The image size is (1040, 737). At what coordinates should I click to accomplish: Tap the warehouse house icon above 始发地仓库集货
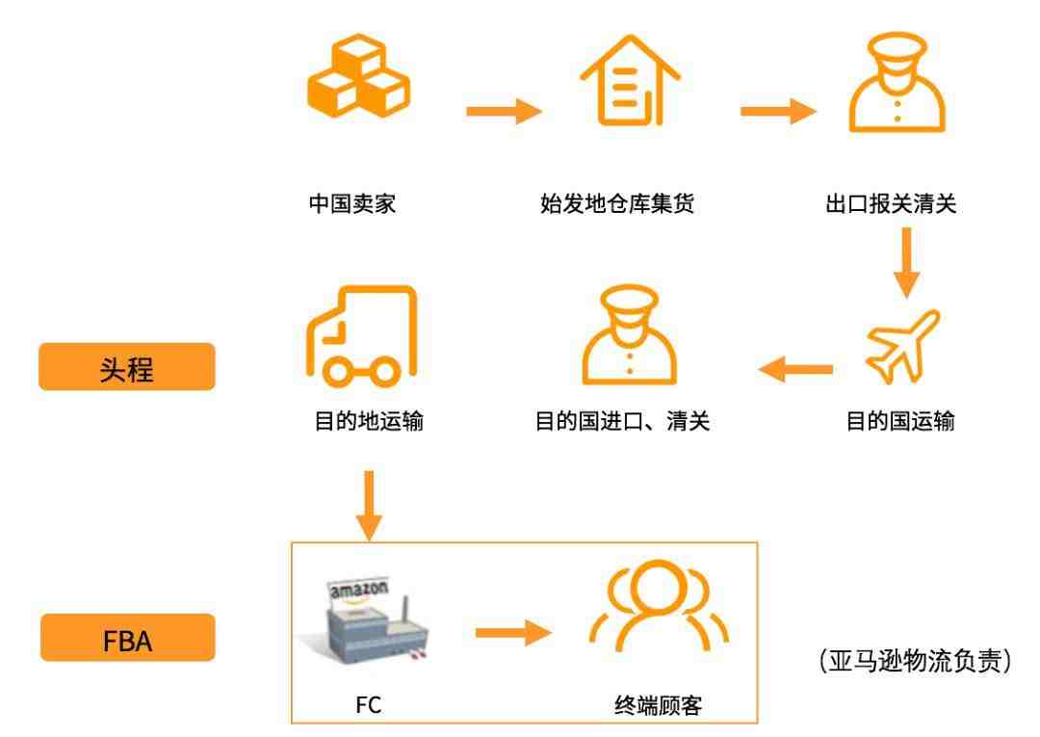[x=630, y=80]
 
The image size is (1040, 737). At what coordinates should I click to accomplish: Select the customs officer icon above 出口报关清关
[x=897, y=82]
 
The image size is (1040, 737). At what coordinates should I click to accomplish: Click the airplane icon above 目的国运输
[x=902, y=346]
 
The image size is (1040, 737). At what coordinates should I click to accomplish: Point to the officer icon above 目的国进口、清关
[x=629, y=335]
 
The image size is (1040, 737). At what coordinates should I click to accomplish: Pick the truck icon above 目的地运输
[x=361, y=336]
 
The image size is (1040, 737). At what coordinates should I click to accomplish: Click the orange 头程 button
[x=127, y=367]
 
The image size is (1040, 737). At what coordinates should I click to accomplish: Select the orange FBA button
[x=127, y=638]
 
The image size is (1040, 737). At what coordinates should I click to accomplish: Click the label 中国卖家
[x=352, y=203]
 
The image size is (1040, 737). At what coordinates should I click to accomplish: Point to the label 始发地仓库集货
[x=617, y=203]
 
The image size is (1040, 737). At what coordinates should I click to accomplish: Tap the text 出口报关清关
[x=891, y=203]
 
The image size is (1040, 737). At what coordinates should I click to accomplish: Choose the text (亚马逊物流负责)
[x=916, y=661]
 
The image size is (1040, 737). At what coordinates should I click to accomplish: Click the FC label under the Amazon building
[x=368, y=704]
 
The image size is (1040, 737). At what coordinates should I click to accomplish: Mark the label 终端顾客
[x=658, y=704]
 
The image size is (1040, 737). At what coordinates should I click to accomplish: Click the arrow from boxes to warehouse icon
[x=504, y=111]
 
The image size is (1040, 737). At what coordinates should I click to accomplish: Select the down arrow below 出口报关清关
[x=906, y=263]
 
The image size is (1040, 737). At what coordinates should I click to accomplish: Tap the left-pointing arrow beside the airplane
[x=795, y=370]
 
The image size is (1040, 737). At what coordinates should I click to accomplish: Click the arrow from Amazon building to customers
[x=513, y=632]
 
